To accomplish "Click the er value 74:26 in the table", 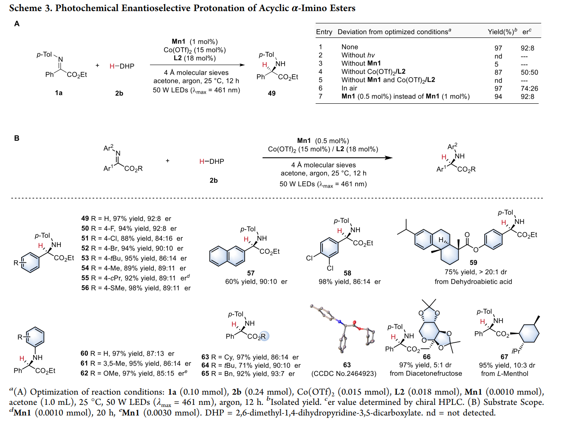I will pyautogui.click(x=529, y=88).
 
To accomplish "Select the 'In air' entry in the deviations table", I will pyautogui.click(x=349, y=88).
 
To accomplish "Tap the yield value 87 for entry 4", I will pyautogui.click(x=498, y=72).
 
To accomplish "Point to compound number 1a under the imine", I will pyautogui.click(x=59, y=93).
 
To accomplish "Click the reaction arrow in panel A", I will pyautogui.click(x=197, y=65).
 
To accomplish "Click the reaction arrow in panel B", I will pyautogui.click(x=327, y=158).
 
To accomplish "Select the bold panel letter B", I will pyautogui.click(x=17, y=138).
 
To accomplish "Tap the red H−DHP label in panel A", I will pyautogui.click(x=122, y=66).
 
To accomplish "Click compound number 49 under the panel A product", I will pyautogui.click(x=272, y=93).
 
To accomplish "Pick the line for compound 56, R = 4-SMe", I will pyautogui.click(x=136, y=288).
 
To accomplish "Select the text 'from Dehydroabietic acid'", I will pyautogui.click(x=473, y=282).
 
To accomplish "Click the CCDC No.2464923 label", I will pyautogui.click(x=344, y=373).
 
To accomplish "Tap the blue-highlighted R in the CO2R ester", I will pyautogui.click(x=263, y=336).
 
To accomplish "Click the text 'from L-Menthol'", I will pyautogui.click(x=505, y=373).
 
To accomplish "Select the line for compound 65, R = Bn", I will pyautogui.click(x=248, y=373).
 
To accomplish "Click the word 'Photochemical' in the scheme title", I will pyautogui.click(x=88, y=8).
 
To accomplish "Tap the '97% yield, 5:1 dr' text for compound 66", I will pyautogui.click(x=425, y=365).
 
